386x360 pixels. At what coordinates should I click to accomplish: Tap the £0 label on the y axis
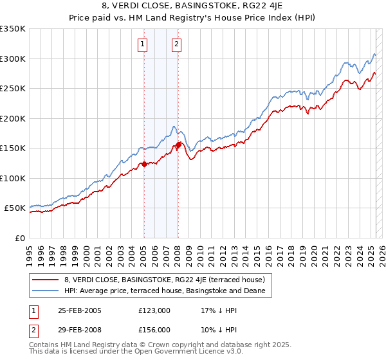click(x=20, y=238)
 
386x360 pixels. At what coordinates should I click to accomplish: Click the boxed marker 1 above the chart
click(x=142, y=44)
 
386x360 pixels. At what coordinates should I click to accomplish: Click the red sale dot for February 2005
click(x=144, y=164)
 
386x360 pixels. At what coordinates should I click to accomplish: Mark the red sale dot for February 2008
click(x=178, y=145)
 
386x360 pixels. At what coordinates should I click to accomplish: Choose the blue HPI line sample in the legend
click(x=46, y=291)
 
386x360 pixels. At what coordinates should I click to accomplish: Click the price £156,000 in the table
click(x=154, y=329)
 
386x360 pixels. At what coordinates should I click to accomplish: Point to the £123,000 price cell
click(x=154, y=310)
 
